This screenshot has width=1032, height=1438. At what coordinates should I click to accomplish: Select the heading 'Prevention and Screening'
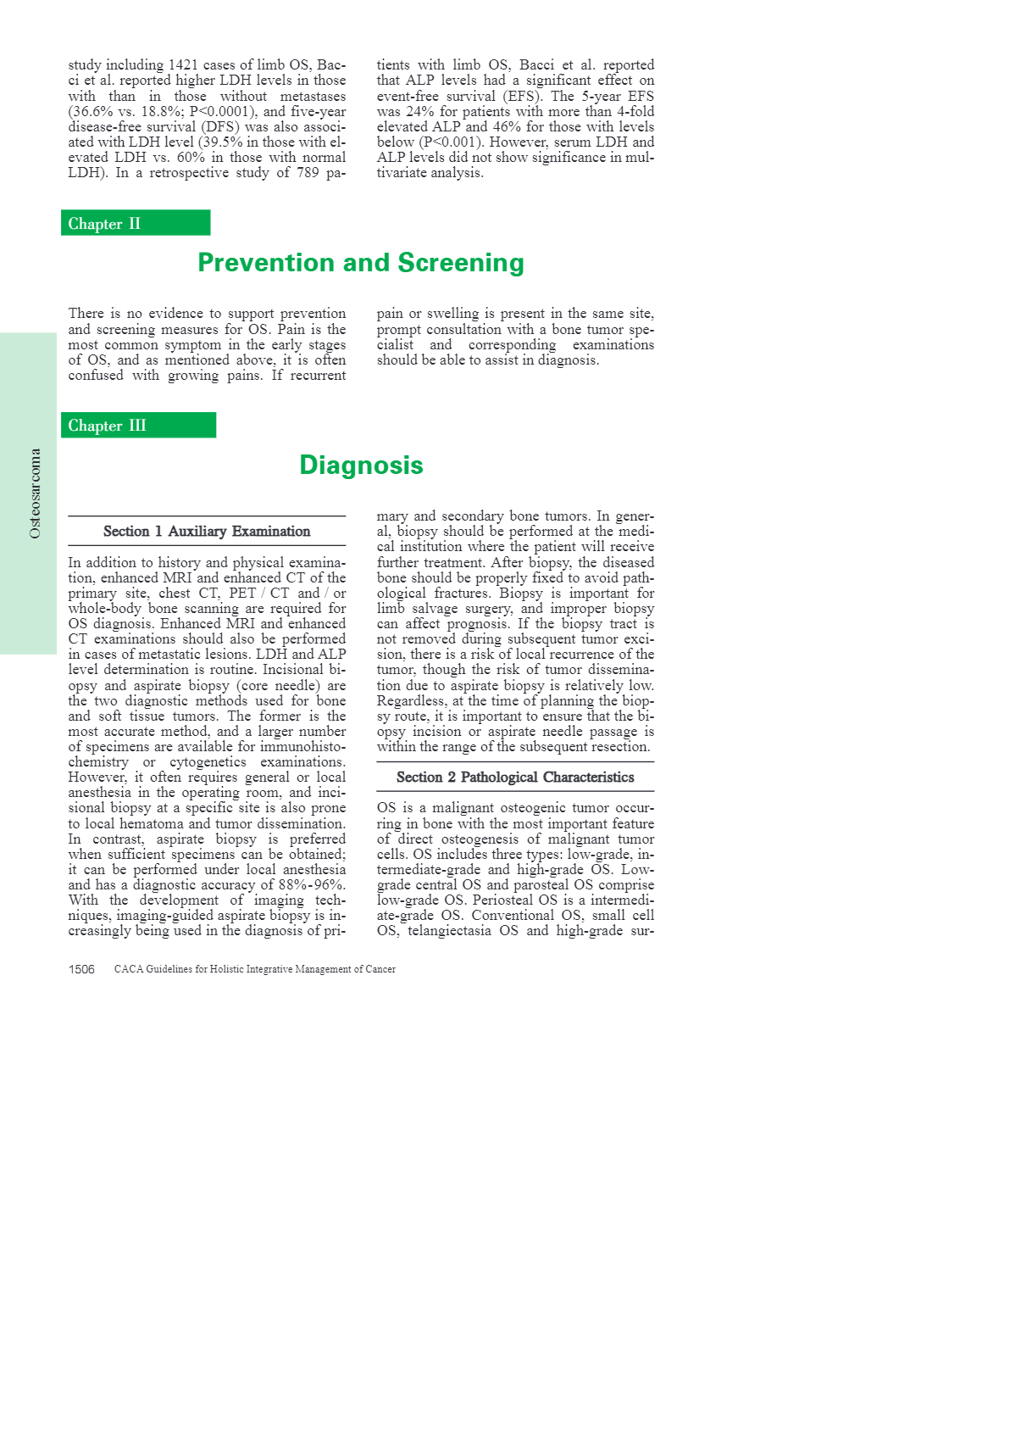pos(361,263)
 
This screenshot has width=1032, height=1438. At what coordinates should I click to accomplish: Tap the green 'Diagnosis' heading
pos(361,465)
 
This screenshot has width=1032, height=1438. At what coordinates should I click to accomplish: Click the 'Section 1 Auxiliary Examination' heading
pos(207,532)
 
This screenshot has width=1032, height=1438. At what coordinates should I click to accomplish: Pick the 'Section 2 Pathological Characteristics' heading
pos(515,778)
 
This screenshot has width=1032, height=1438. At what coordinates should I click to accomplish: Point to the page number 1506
pos(81,969)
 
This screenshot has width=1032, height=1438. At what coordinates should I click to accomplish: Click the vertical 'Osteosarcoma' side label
pos(35,493)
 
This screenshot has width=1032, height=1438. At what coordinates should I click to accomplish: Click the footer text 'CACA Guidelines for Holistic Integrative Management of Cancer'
pos(255,969)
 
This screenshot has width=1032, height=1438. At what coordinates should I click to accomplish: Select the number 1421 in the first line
pos(184,65)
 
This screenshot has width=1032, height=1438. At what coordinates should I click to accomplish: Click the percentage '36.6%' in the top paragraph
pos(89,112)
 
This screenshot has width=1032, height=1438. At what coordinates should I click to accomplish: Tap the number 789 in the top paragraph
pos(307,173)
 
